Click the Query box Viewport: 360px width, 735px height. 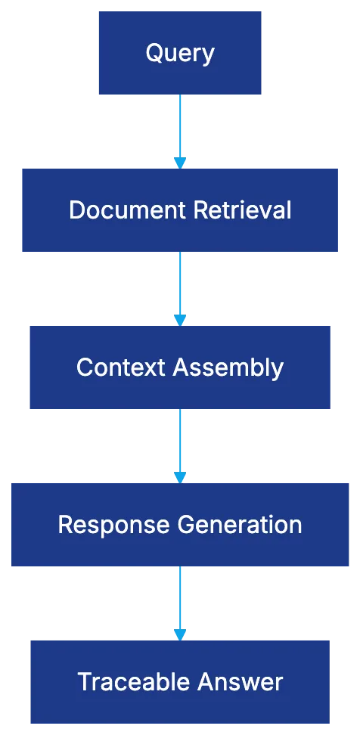click(x=180, y=53)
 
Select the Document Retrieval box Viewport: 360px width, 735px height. click(x=179, y=210)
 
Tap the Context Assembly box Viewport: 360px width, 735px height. click(x=179, y=367)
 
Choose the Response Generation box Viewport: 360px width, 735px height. click(x=179, y=525)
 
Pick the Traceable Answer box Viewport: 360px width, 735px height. click(x=180, y=682)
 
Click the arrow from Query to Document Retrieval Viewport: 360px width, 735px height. click(x=179, y=129)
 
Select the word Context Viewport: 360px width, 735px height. click(x=121, y=367)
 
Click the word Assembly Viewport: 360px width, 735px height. click(x=228, y=367)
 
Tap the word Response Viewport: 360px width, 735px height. click(x=114, y=525)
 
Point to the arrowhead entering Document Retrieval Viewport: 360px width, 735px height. click(x=179, y=163)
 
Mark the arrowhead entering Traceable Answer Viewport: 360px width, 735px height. click(x=179, y=634)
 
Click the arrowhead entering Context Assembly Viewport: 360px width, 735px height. click(x=179, y=320)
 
